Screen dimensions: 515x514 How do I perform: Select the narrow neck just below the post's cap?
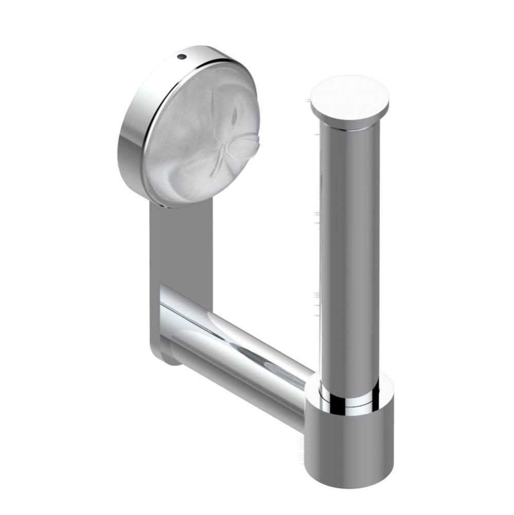tap(349, 124)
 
